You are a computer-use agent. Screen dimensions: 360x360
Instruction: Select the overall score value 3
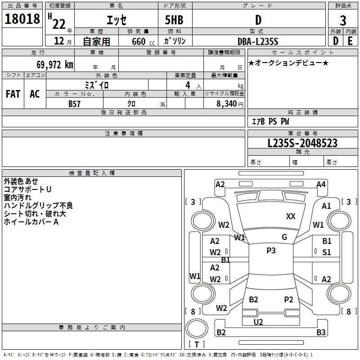[x=343, y=21]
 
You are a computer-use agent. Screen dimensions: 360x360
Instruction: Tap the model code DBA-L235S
[x=258, y=41]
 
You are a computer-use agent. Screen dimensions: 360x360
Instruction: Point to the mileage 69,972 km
[x=51, y=65]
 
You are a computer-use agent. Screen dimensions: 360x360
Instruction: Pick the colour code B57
[x=75, y=103]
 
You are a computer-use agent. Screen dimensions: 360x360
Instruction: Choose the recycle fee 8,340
[x=227, y=103]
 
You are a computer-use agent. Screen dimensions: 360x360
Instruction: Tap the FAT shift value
[x=13, y=94]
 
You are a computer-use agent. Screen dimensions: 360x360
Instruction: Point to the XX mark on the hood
[x=291, y=216]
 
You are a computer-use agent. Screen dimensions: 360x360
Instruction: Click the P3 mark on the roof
[x=271, y=251]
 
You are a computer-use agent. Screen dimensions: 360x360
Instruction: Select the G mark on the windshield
[x=284, y=237]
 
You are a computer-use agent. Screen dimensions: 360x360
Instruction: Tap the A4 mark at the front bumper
[x=321, y=184]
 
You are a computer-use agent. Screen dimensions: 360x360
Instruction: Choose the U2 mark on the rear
[x=258, y=322]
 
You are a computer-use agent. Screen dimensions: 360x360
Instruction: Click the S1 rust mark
[x=327, y=252]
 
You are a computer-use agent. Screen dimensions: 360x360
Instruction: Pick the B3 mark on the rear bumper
[x=321, y=333]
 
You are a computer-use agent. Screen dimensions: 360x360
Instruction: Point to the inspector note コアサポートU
[x=27, y=189]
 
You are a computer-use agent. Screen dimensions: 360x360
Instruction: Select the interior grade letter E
[x=350, y=41]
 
